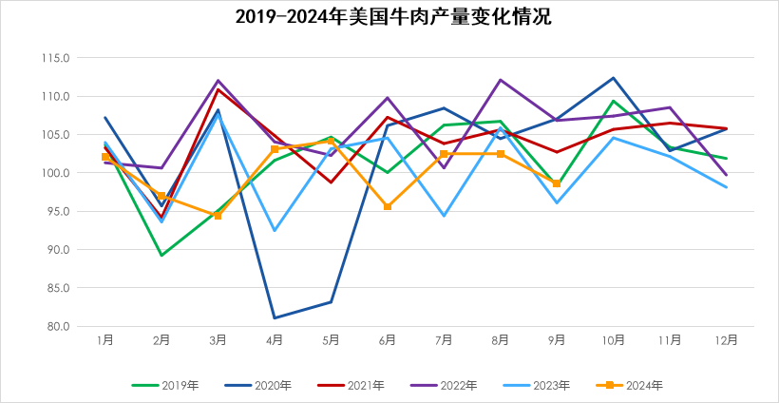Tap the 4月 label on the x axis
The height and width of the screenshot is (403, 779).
point(275,339)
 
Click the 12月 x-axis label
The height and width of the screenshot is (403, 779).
point(726,339)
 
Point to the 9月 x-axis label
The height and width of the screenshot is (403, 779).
point(557,339)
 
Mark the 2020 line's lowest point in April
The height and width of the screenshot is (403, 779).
point(275,317)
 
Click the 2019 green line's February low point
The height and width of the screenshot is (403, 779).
point(161,255)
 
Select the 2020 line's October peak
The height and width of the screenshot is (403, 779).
point(614,78)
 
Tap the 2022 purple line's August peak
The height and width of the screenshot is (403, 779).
point(501,80)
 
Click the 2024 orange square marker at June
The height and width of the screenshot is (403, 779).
point(388,206)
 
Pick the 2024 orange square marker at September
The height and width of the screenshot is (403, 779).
point(557,183)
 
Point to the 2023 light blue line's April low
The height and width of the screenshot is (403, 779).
point(275,230)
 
